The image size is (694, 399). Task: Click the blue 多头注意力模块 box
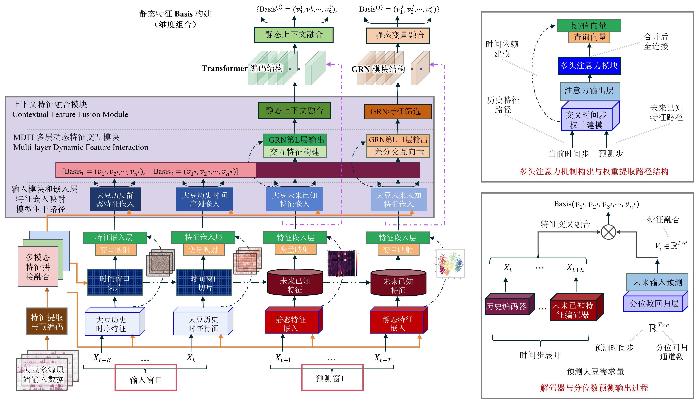[589, 65]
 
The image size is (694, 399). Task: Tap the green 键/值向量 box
[589, 26]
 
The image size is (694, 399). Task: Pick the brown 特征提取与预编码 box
[47, 322]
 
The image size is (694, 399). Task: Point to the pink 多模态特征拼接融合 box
[38, 267]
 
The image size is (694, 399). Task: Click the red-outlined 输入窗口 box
[145, 377]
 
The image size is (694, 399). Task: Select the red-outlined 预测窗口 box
[332, 377]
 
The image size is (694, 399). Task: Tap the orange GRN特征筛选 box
[397, 111]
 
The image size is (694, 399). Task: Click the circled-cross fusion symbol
[608, 232]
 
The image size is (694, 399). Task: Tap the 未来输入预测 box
[657, 282]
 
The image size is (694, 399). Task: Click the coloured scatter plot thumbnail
[450, 263]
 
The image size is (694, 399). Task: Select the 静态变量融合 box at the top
[398, 35]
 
